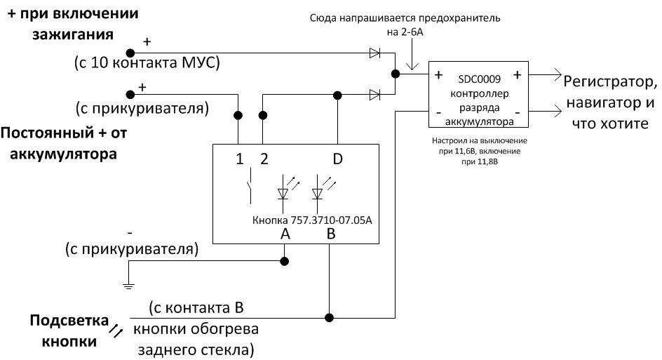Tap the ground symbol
pos(128,284)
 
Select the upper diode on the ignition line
pos(374,52)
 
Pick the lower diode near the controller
pos(374,94)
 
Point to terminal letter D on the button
pos(337,159)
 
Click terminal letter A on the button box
pos(285,234)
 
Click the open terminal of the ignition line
pos(129,52)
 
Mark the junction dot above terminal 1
pos(238,114)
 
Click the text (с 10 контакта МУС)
pos(147,64)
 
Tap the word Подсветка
pos(64,321)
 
